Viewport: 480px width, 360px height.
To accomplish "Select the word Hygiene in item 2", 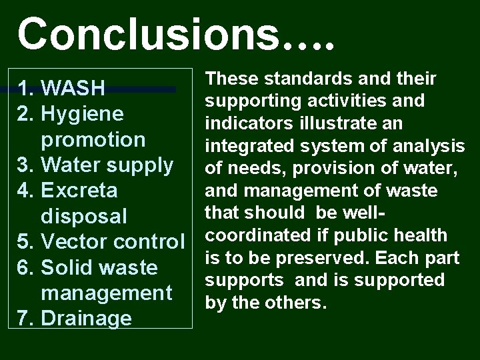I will tap(83, 115).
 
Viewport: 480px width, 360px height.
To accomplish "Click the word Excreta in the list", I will tap(79, 191).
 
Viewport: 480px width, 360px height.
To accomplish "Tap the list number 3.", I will tap(26, 165).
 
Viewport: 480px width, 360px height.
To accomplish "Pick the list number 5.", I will tap(26, 242).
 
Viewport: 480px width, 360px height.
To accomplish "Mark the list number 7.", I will tap(26, 319).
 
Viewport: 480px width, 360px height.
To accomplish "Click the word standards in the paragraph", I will tap(294, 79).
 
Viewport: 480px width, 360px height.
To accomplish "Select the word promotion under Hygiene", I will tap(93, 140).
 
